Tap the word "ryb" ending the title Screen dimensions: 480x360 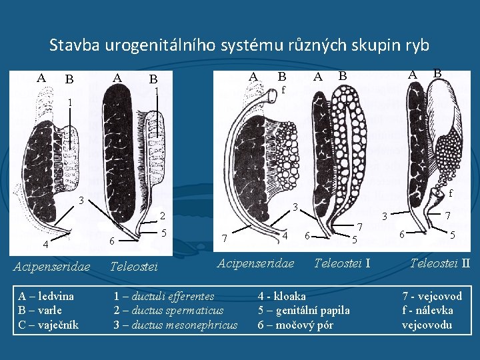417,46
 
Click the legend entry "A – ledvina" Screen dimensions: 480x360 46,296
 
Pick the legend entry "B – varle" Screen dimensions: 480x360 40,310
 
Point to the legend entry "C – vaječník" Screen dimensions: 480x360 48,325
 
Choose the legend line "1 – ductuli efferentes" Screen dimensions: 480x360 164,296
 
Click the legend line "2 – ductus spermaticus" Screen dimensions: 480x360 169,310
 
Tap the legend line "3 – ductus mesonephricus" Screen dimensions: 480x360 175,325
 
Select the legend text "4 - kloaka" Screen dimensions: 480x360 282,296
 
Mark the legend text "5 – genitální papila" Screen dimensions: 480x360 303,310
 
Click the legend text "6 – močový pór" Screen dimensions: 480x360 295,325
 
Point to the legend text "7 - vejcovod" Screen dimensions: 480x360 432,296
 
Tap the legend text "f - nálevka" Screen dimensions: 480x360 427,310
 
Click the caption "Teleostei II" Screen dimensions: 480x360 440,263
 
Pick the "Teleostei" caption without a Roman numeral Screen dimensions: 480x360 133,267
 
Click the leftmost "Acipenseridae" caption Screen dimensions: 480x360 52,267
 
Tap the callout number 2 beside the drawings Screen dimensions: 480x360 161,216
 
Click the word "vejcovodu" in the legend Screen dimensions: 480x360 427,325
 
